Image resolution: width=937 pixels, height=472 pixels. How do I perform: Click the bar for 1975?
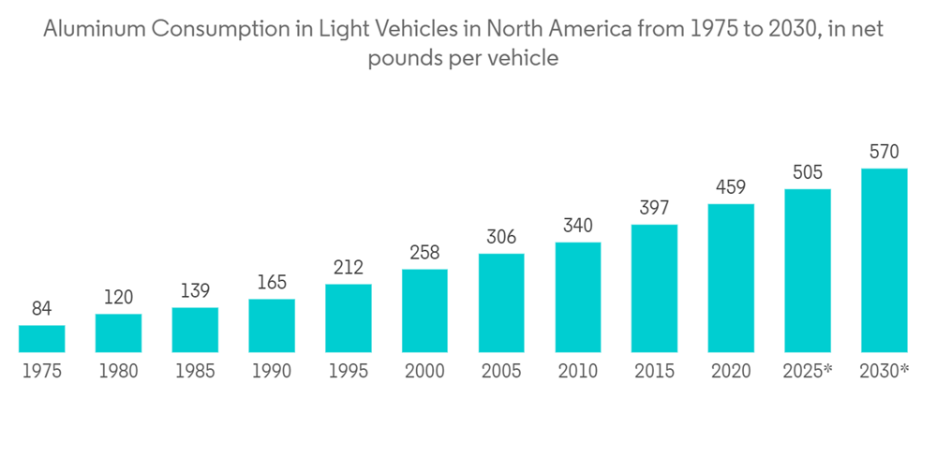(x=41, y=339)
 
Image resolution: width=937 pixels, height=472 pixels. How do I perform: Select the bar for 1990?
(x=272, y=326)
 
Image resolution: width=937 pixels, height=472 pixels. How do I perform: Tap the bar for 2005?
(x=501, y=302)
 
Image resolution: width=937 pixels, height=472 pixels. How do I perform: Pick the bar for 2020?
(x=731, y=278)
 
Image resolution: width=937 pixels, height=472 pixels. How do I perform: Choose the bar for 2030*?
(x=885, y=260)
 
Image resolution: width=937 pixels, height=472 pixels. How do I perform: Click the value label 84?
(x=41, y=309)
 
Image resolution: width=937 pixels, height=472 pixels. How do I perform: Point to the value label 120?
(x=118, y=298)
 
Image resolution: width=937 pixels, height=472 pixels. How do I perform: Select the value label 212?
(x=349, y=268)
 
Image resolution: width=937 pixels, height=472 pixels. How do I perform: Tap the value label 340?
(x=578, y=226)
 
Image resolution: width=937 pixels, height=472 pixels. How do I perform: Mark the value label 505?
(x=808, y=172)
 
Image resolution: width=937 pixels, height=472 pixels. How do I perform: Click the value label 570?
(x=885, y=152)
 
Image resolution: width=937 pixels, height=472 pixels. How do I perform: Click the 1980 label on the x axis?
(x=118, y=372)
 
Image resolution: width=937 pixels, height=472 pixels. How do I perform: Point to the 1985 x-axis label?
(x=195, y=372)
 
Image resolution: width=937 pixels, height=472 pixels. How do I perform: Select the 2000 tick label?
(x=424, y=372)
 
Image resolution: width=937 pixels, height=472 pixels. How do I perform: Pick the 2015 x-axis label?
(x=654, y=372)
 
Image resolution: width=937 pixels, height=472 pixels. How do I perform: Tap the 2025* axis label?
(x=808, y=372)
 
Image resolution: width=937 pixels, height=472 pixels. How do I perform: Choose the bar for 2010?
(x=578, y=297)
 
